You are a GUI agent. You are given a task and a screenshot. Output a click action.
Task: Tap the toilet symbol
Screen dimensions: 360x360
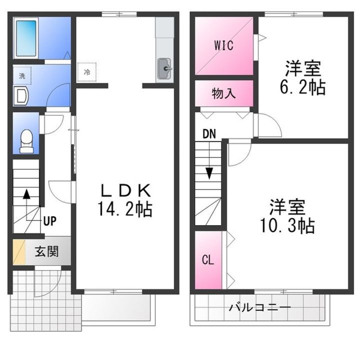(x=25, y=141)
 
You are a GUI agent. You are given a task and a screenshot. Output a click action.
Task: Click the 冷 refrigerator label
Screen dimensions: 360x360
(x=86, y=72)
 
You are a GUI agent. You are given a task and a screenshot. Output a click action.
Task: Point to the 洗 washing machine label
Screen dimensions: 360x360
(x=21, y=76)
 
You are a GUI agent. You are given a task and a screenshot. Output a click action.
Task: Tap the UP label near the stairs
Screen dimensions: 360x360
(x=49, y=220)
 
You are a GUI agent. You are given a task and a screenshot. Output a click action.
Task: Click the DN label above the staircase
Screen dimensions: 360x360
(x=208, y=134)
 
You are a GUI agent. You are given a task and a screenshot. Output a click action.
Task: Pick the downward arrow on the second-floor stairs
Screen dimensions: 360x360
(x=208, y=173)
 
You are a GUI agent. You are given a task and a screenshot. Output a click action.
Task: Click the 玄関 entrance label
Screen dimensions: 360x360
(x=46, y=251)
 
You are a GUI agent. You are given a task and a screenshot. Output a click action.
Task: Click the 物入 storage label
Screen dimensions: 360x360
(x=223, y=93)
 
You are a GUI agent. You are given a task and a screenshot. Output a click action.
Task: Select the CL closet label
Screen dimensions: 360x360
(x=207, y=260)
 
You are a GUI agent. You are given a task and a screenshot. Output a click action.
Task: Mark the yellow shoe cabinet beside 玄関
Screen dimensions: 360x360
(x=18, y=252)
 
